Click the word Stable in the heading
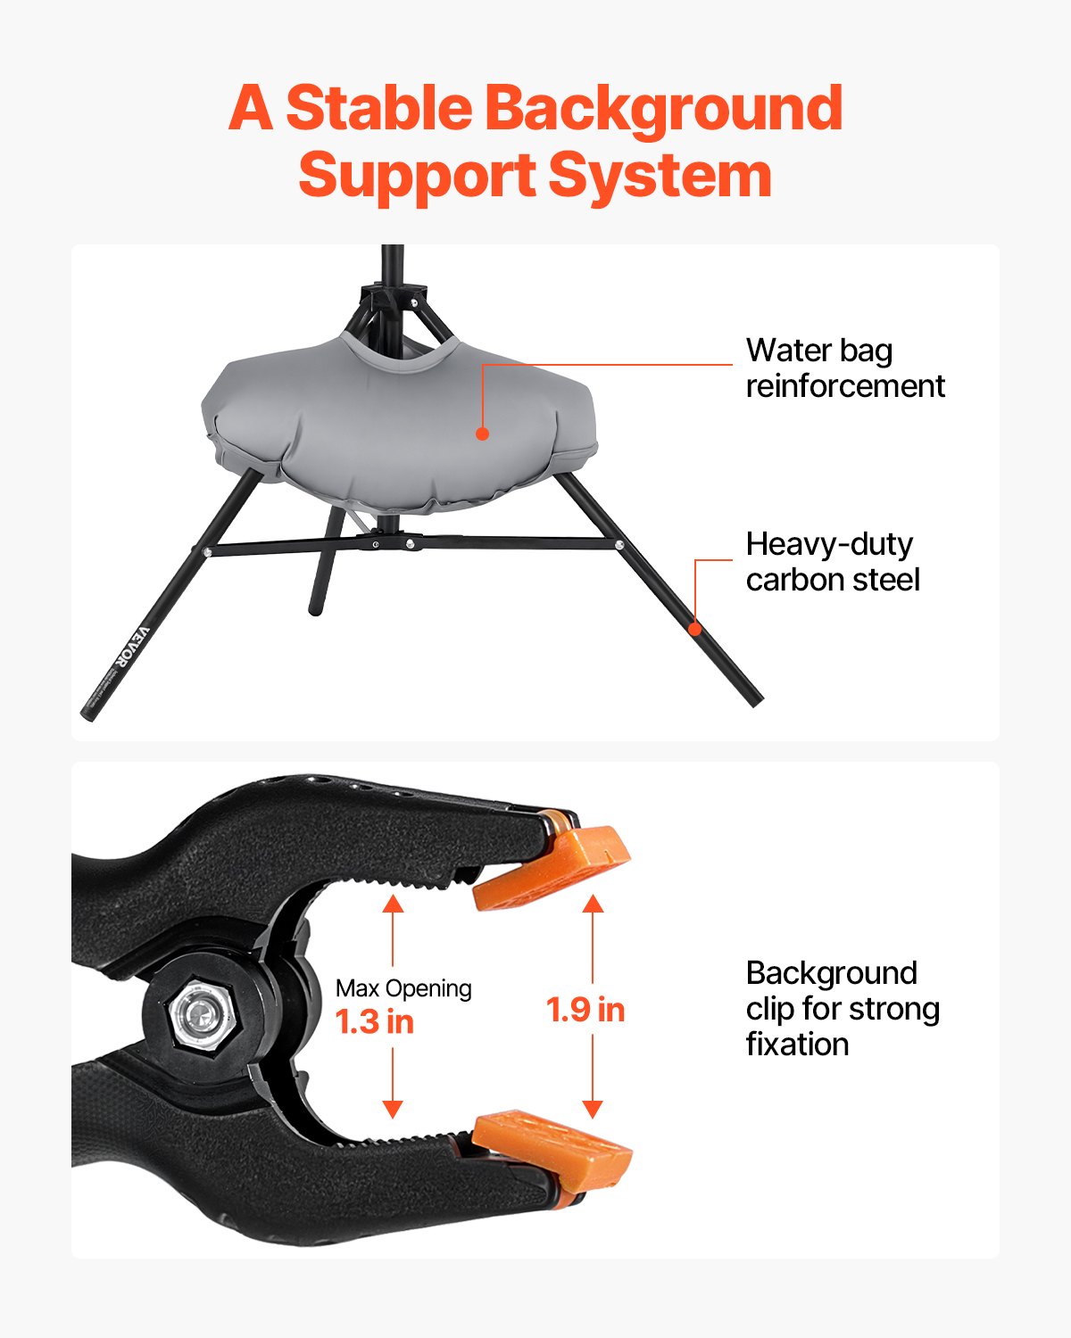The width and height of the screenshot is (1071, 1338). [x=378, y=109]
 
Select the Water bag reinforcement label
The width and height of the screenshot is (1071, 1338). [x=844, y=368]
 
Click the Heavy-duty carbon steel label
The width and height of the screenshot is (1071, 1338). [x=832, y=562]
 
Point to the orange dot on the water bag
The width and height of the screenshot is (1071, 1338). [x=482, y=434]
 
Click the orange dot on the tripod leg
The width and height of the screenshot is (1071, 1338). [x=695, y=628]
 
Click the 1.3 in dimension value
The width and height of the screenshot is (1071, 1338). [x=375, y=1022]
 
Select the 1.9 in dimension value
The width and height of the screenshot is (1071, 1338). [x=585, y=1010]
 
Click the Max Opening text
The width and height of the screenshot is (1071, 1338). [x=403, y=988]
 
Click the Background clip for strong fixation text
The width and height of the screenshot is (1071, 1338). [x=842, y=1009]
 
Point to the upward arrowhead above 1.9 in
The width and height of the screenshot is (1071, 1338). [x=593, y=904]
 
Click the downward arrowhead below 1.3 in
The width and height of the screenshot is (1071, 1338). [x=393, y=1109]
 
